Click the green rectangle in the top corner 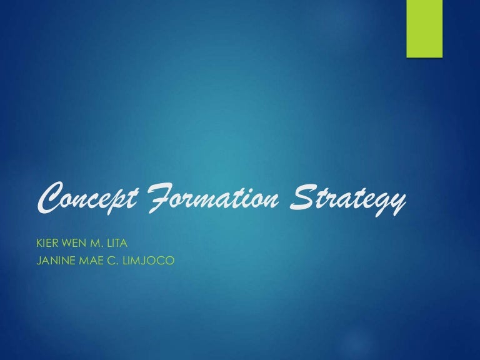tap(424, 28)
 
